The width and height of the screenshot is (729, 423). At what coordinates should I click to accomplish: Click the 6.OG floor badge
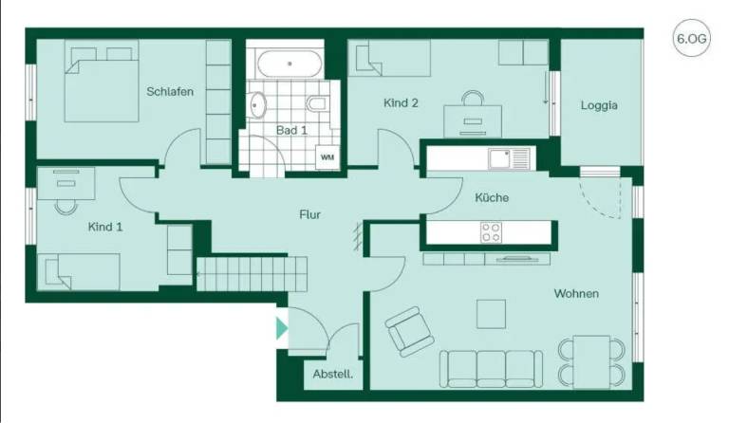coord(691,38)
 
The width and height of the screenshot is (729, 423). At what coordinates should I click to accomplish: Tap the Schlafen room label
coord(170,91)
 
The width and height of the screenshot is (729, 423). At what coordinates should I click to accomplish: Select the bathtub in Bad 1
coord(290,64)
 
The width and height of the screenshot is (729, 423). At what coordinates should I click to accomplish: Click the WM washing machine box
coord(327,156)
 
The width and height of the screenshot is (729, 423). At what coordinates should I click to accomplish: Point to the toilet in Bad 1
coord(317,103)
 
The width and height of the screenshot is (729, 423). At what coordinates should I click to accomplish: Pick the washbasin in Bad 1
coord(257,104)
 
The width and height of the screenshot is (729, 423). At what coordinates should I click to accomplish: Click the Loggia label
coord(599,105)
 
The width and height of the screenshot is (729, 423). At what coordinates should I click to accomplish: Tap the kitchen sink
coord(509,158)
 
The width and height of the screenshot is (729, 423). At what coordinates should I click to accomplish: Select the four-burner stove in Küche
coord(491,232)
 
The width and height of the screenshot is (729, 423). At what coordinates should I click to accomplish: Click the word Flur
coord(309,214)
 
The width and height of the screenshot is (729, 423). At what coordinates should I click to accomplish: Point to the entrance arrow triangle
coord(282,328)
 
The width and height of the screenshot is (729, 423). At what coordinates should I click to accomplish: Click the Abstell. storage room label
coord(332,374)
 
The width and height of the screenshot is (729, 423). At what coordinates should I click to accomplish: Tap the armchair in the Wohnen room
coord(410,332)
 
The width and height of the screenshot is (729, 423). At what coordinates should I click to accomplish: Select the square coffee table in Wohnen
coord(491,314)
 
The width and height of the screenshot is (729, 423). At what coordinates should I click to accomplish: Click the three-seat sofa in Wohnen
coord(491,369)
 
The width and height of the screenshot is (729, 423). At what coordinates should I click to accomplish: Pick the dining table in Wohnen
coord(591,362)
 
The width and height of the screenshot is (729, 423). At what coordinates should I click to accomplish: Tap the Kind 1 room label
coord(105,227)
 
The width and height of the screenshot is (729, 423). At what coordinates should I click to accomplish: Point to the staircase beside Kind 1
coord(252,274)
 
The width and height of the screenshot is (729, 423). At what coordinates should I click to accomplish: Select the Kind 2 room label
coord(401,103)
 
